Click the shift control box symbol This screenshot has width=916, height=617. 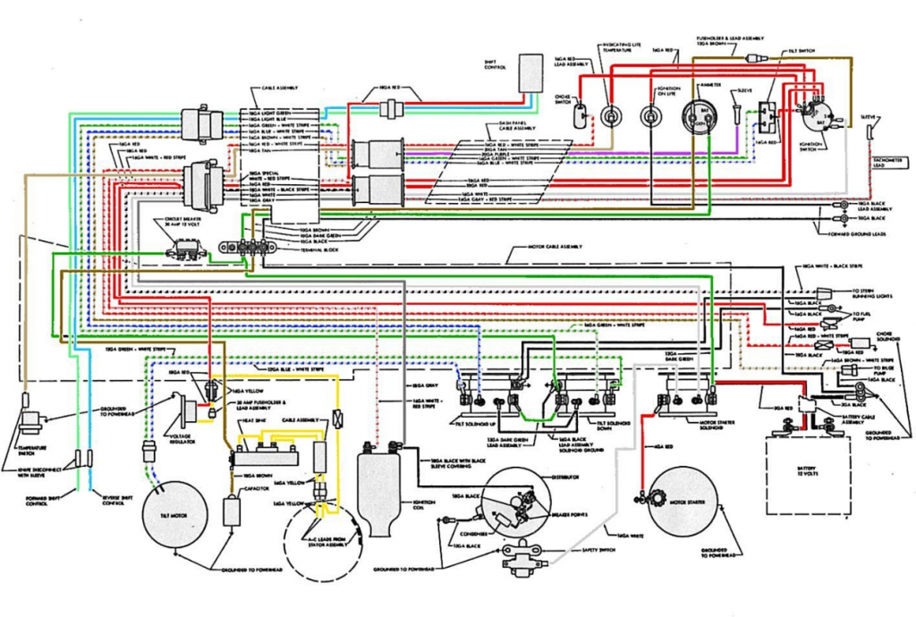tap(530, 71)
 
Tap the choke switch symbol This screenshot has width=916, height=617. tap(581, 114)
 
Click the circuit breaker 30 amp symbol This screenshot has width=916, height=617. tap(191, 249)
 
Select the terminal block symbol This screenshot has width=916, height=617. tap(253, 248)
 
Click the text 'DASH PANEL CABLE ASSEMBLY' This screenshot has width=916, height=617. tap(516, 128)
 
